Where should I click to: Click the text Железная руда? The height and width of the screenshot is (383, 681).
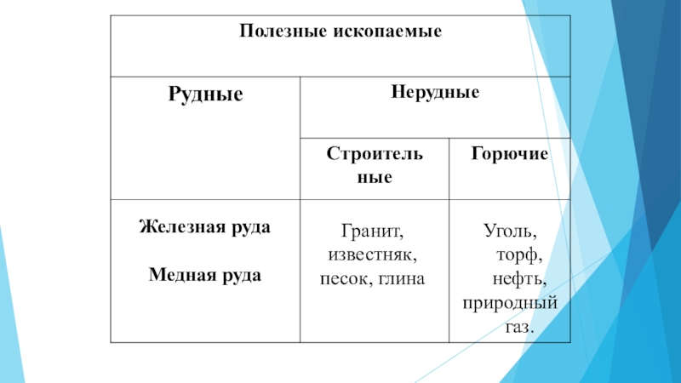[205, 227]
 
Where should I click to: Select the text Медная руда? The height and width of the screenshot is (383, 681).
[205, 276]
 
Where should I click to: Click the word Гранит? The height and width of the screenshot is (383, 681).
[371, 231]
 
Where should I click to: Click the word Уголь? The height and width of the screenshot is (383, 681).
[510, 231]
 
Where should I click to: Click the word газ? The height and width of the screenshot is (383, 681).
[519, 326]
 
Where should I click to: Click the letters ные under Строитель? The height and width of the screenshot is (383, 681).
[375, 178]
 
